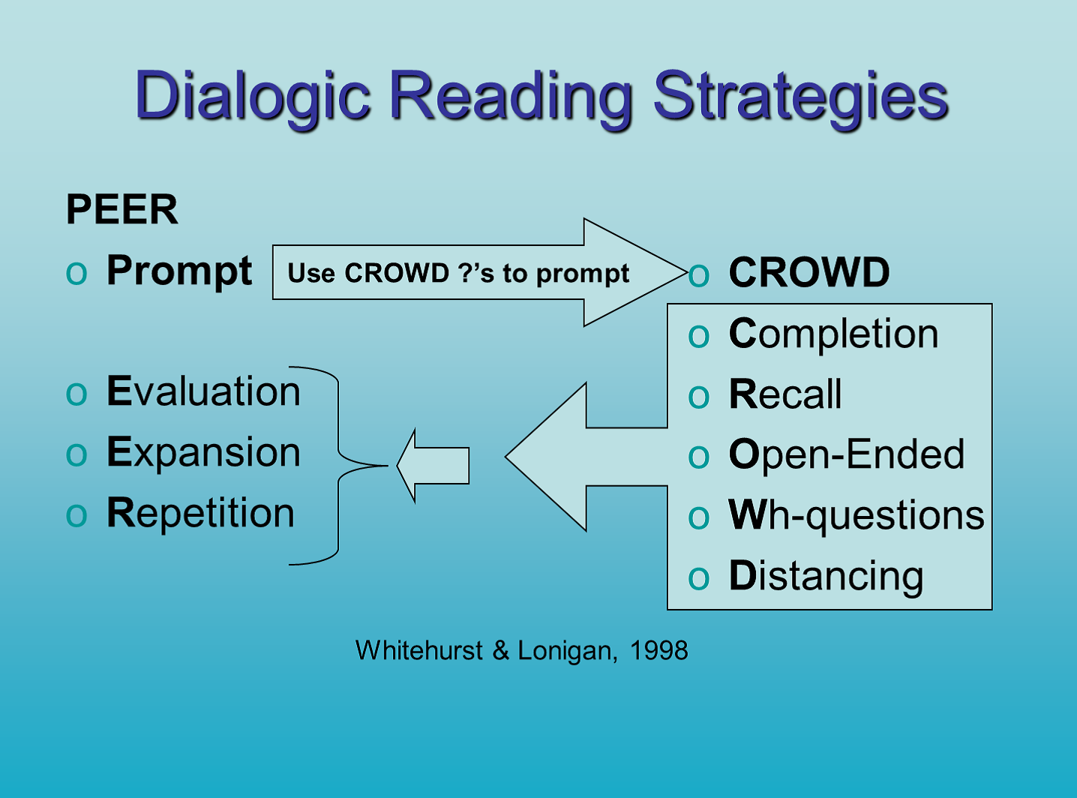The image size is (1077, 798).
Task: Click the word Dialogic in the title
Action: click(253, 97)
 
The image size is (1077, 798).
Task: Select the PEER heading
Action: click(122, 209)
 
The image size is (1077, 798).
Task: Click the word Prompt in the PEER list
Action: click(179, 272)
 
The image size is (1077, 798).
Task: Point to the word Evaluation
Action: click(203, 391)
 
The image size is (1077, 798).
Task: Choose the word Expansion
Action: click(203, 454)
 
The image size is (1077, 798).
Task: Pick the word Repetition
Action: click(200, 514)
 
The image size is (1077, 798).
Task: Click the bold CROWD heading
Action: click(809, 272)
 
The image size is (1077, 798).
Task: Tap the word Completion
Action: click(834, 335)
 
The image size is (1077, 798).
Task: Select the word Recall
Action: click(785, 394)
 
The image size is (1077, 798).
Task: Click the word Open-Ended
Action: click(847, 455)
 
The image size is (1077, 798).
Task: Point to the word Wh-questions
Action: click(856, 516)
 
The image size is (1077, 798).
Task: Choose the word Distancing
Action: click(826, 577)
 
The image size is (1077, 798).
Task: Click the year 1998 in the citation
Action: click(659, 650)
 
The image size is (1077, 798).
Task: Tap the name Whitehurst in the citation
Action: click(419, 650)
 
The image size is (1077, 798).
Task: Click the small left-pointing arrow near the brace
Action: click(433, 466)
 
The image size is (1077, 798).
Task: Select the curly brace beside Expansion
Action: click(338, 466)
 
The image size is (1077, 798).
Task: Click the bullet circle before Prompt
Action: click(76, 274)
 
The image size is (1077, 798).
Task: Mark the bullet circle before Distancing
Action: click(699, 579)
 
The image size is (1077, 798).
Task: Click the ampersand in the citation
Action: click(501, 650)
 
